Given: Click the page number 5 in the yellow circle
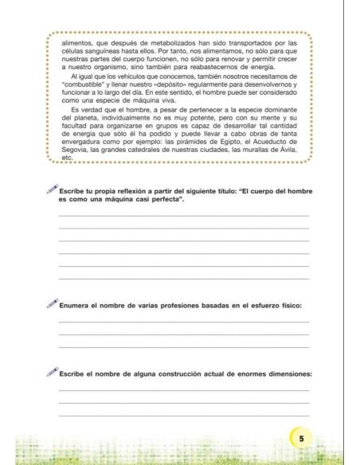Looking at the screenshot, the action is pyautogui.click(x=302, y=439).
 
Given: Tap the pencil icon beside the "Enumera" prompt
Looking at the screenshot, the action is pyautogui.click(x=52, y=303).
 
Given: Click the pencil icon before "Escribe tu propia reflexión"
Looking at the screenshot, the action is pyautogui.click(x=52, y=190).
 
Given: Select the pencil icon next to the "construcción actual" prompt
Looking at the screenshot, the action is pyautogui.click(x=52, y=372).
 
